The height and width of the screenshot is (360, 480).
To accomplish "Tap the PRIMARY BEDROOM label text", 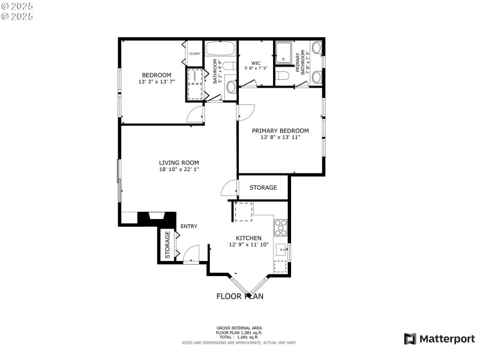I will (280, 131).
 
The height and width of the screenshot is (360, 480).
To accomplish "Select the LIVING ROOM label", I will (179, 163).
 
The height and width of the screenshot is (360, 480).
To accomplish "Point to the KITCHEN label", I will (248, 238).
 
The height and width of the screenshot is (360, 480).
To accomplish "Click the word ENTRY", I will (189, 226).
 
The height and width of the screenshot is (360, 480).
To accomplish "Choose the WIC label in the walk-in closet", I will (256, 63).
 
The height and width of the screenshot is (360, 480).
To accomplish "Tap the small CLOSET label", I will (194, 54).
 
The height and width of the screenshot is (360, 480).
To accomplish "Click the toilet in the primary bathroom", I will (283, 76).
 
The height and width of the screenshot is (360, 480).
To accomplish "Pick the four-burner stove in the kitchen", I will (281, 227).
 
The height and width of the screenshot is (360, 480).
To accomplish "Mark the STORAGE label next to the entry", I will (167, 245).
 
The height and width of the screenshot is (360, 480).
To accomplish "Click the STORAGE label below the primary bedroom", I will (263, 188).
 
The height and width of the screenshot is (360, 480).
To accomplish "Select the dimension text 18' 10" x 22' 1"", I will (179, 170).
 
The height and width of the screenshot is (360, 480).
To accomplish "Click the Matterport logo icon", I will (410, 339).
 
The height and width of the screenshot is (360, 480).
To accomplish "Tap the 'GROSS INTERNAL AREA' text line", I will (239, 328).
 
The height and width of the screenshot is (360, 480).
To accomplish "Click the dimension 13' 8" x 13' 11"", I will (280, 138).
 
